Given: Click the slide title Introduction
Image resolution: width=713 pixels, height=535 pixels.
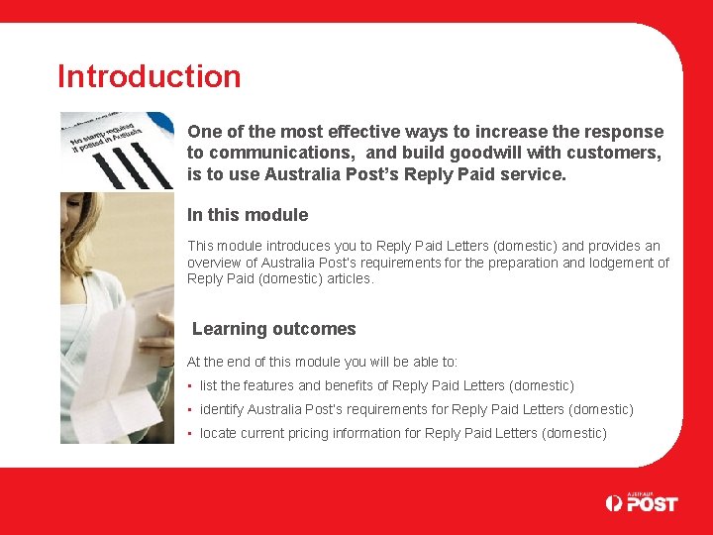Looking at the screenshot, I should (150, 76).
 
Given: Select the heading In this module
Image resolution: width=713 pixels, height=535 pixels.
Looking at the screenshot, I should (248, 215).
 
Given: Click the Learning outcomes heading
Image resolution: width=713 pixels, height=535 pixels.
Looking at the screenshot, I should (273, 329).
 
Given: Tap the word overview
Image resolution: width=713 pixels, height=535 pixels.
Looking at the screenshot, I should (216, 263).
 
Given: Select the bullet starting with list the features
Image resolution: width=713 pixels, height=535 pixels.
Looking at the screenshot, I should (386, 385).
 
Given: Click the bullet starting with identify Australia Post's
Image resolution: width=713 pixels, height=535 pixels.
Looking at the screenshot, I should (416, 409).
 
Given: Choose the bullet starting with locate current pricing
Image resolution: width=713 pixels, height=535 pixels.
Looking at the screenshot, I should (403, 433).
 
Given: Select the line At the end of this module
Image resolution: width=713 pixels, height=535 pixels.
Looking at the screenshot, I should (322, 363).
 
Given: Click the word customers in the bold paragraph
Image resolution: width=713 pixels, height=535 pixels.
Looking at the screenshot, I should (614, 153).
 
